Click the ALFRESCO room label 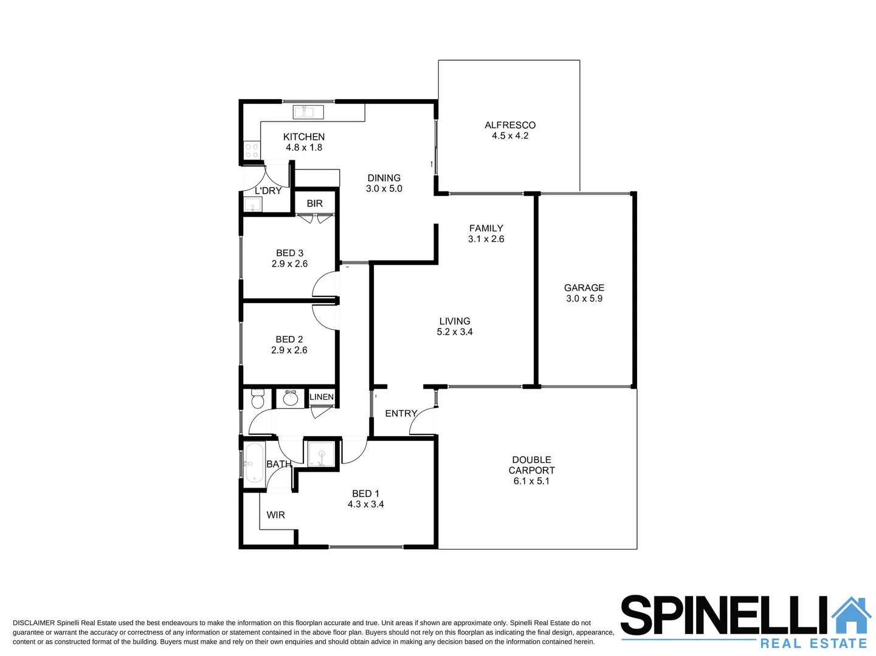(x=510, y=125)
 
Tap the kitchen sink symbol (x=308, y=112)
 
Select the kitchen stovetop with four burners (x=252, y=151)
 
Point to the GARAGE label (x=584, y=288)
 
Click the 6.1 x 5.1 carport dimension (x=531, y=481)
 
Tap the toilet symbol (x=258, y=400)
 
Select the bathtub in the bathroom (x=254, y=463)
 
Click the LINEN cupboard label (x=322, y=397)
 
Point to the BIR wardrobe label (x=315, y=203)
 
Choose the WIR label (x=275, y=515)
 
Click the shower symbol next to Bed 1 (x=321, y=455)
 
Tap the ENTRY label (x=401, y=414)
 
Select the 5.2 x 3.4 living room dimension (x=455, y=332)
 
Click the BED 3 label (x=289, y=253)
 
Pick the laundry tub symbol (x=252, y=205)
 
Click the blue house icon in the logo (x=852, y=616)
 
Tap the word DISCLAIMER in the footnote (x=33, y=623)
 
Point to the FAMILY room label (x=486, y=228)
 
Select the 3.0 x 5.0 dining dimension (x=384, y=189)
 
